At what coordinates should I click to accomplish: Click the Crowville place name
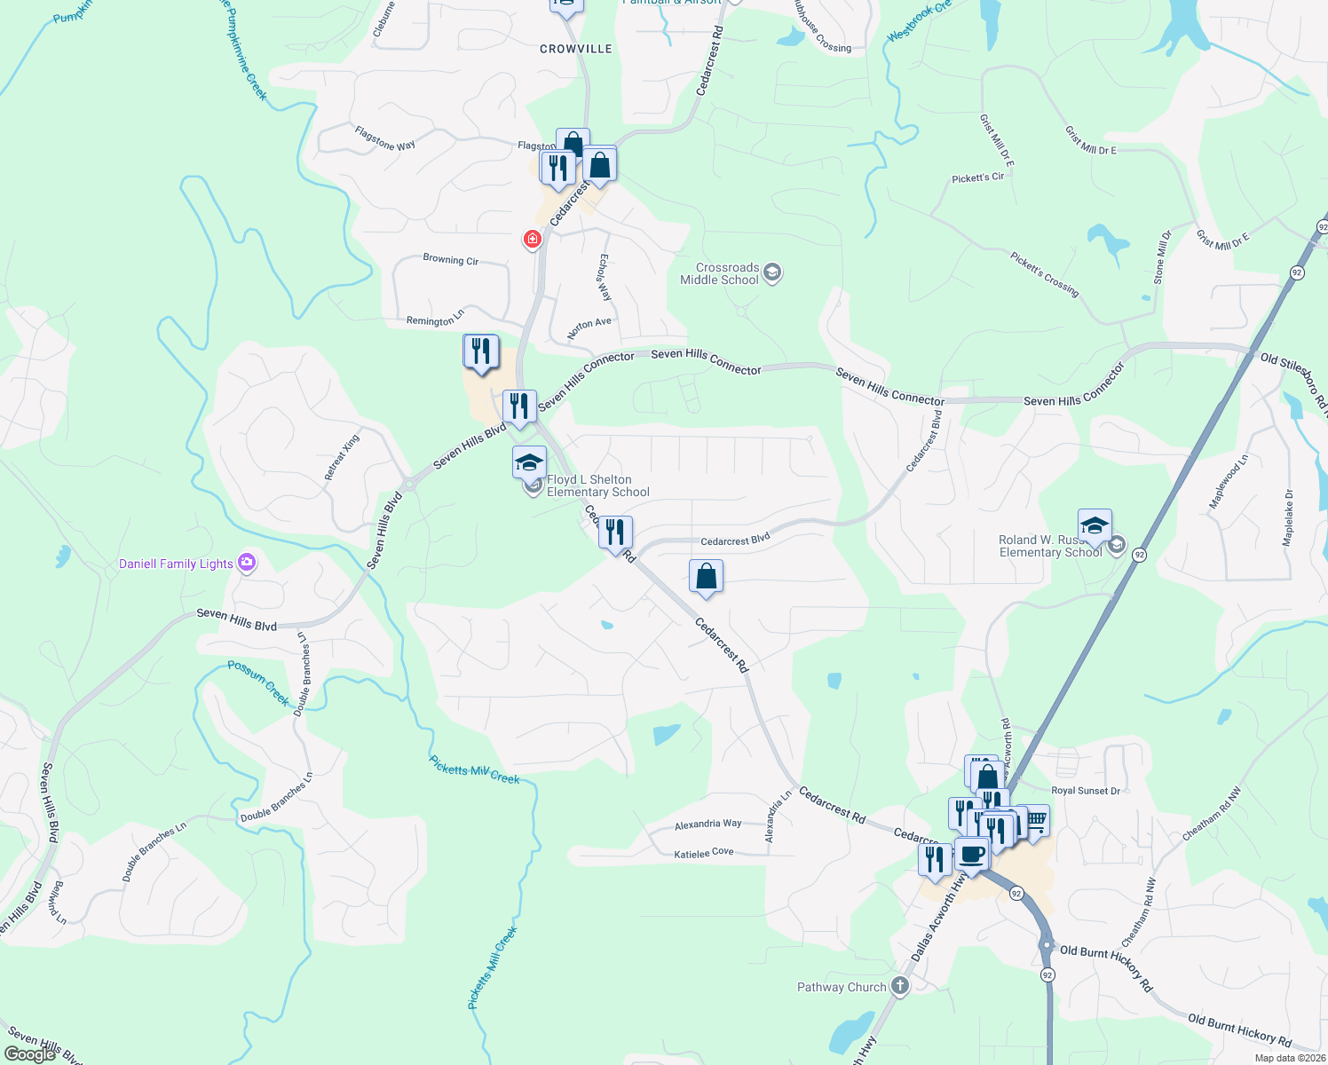[576, 49]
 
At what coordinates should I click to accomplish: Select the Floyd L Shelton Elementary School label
[597, 485]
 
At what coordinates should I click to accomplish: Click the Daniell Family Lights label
[176, 564]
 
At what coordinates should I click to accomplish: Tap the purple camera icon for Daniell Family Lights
[248, 563]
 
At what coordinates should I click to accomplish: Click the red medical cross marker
[533, 239]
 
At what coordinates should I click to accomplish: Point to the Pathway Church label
[841, 987]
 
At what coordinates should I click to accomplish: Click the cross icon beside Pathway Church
[900, 986]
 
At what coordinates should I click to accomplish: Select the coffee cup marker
[972, 854]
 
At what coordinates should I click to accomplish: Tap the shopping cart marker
[1035, 819]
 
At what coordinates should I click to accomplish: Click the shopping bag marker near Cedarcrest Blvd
[707, 577]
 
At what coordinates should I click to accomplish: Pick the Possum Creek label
[259, 682]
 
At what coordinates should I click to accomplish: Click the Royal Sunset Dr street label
[1085, 791]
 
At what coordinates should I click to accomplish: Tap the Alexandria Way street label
[707, 824]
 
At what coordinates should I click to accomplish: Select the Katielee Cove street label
[704, 853]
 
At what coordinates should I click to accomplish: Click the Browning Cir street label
[451, 260]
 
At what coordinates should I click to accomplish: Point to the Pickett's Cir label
[977, 177]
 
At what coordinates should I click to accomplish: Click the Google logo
[30, 1053]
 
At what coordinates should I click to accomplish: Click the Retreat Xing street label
[342, 457]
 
